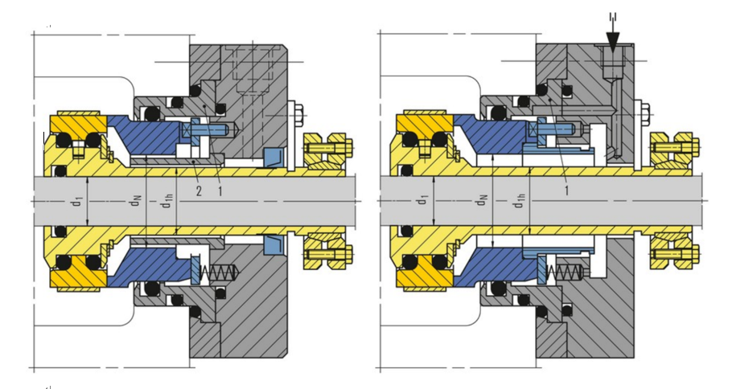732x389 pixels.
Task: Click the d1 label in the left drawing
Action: coord(79,201)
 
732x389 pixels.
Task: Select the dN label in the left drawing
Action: coord(135,201)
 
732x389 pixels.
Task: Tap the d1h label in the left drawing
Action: coord(167,201)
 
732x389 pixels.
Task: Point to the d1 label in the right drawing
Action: coord(423,200)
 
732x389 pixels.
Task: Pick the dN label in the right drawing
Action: coord(483,200)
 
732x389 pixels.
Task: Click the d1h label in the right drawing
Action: coord(519,201)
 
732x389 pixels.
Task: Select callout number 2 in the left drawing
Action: coord(199,190)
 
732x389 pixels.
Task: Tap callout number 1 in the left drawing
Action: coord(220,190)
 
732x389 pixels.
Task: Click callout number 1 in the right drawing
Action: coord(567,190)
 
